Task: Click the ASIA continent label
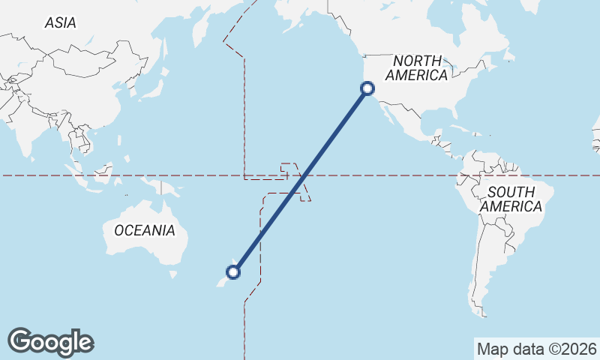60,23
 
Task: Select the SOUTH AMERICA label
512,199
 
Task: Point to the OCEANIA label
145,230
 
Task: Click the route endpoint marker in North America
367,88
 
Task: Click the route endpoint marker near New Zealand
233,271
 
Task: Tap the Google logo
50,342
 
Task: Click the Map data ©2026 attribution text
537,349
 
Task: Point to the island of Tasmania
173,274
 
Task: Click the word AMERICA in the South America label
512,206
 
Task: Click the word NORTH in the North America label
416,60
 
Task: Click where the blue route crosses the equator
304,176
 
